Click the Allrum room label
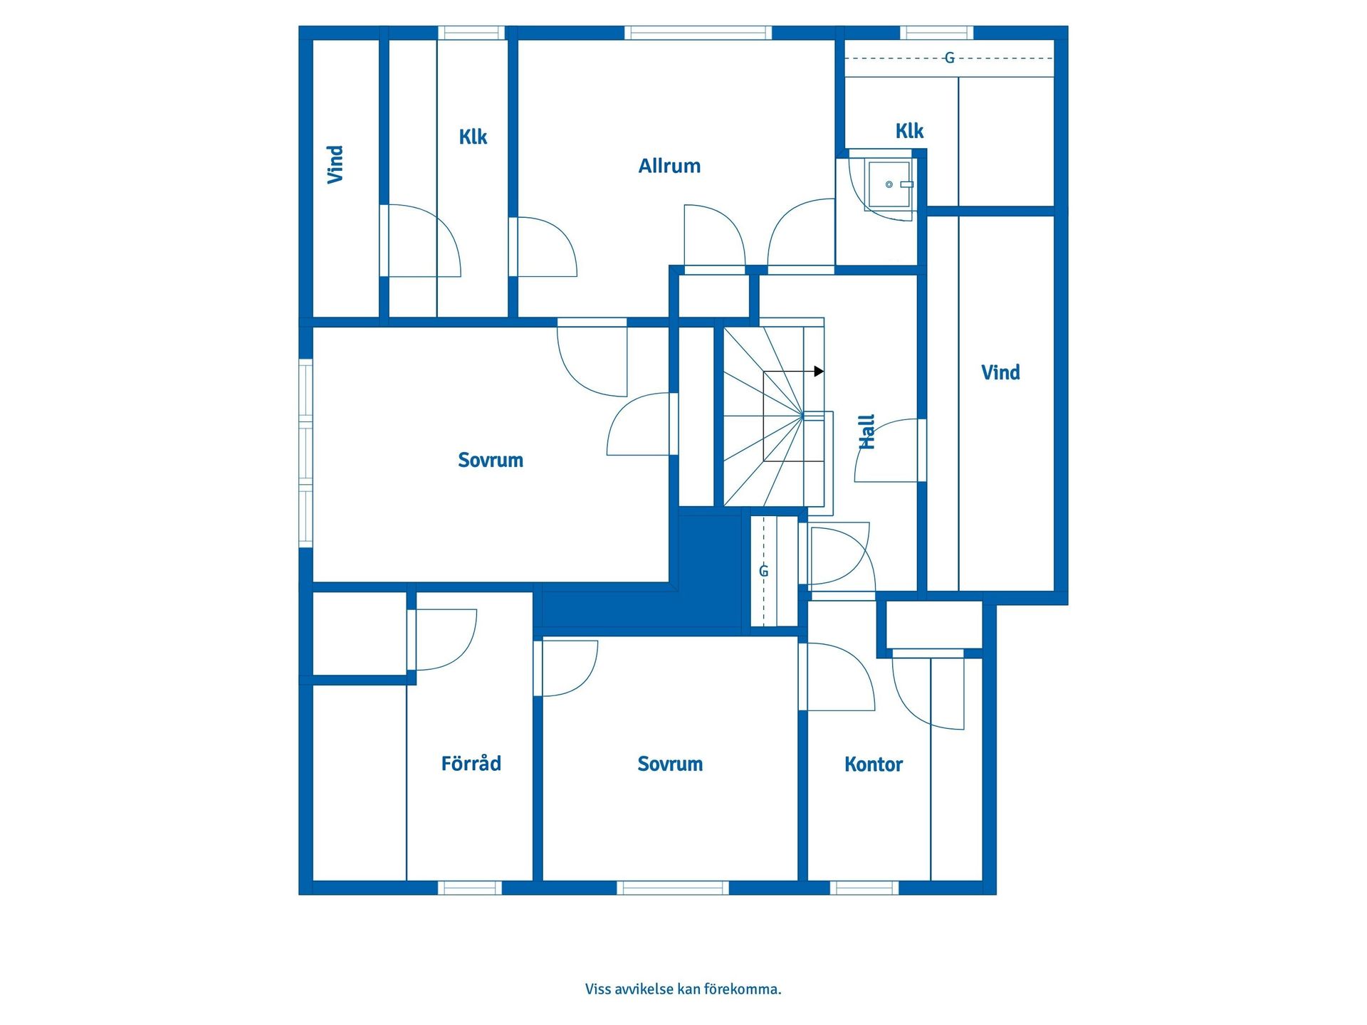[x=669, y=166]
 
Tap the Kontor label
[x=874, y=764]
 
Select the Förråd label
[x=471, y=763]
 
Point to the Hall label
[x=866, y=432]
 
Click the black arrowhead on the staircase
[x=819, y=372]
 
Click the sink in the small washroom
[x=889, y=184]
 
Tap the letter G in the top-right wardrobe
[x=949, y=58]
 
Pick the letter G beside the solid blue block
[x=764, y=571]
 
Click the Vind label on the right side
[x=1000, y=372]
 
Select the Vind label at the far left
[x=335, y=164]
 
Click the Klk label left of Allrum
[x=473, y=137]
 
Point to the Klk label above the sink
[x=909, y=131]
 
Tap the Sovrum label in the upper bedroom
[x=491, y=460]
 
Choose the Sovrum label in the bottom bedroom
[x=670, y=764]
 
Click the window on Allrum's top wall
[x=698, y=33]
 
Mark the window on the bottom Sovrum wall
[x=673, y=888]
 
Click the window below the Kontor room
[x=865, y=888]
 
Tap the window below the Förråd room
[x=469, y=888]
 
